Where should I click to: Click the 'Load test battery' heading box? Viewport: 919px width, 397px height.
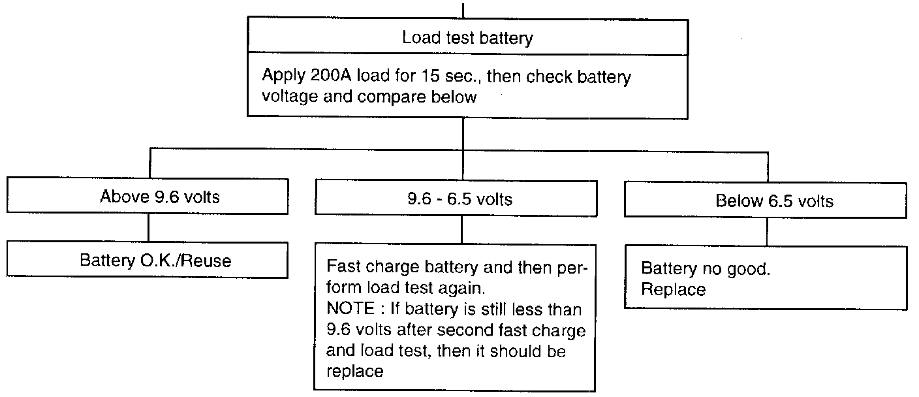[467, 38]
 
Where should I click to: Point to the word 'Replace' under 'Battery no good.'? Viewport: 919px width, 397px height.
[673, 289]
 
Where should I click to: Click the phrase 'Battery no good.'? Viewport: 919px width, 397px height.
[706, 268]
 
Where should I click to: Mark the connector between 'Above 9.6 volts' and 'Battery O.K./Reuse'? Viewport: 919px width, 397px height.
[149, 228]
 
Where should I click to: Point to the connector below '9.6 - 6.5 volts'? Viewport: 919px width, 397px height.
[462, 228]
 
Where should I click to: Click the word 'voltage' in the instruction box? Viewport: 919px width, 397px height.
[290, 99]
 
